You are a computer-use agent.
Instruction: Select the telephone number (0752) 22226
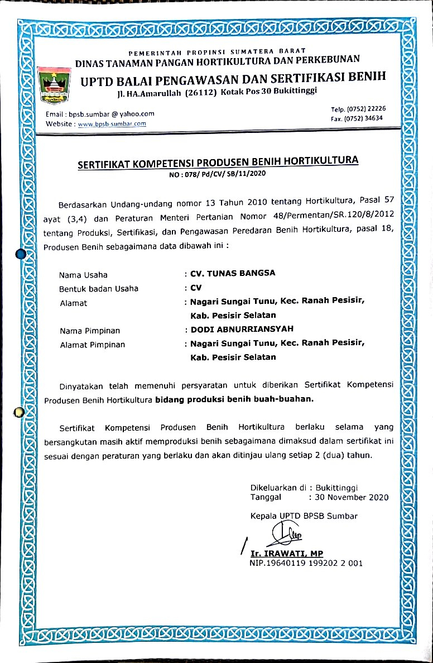coord(366,108)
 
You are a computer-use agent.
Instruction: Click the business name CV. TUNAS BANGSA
coord(233,274)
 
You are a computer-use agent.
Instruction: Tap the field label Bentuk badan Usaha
coord(99,289)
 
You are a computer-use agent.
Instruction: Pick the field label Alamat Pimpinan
coord(92,345)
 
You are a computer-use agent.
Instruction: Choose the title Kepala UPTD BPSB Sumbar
coord(304,516)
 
